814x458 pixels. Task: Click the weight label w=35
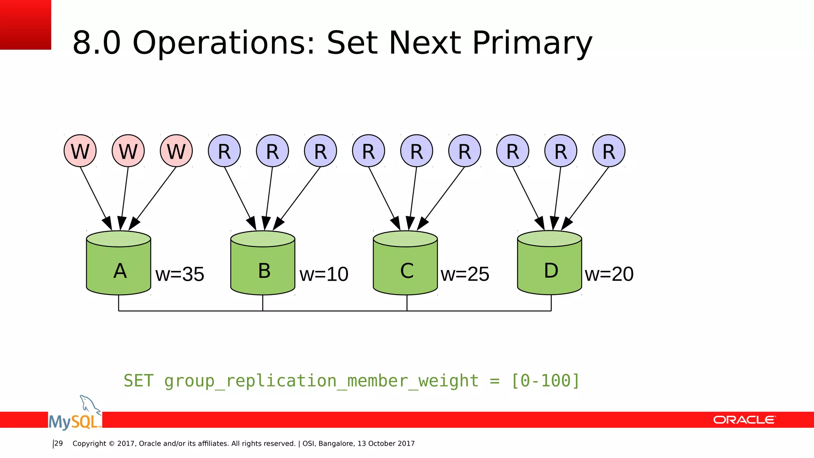180,274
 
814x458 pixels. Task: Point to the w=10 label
324,274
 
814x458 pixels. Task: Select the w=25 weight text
465,274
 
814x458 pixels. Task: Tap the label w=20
609,274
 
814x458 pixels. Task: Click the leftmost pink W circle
80,151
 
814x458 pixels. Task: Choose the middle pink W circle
128,151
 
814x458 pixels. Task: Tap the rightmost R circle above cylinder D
609,151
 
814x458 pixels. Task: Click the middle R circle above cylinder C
417,151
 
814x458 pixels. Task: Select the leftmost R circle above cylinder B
224,151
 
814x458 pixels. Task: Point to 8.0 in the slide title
97,43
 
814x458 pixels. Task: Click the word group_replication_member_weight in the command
321,381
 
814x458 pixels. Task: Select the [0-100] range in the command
545,381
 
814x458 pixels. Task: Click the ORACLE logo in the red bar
744,420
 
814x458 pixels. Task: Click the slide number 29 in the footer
58,443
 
